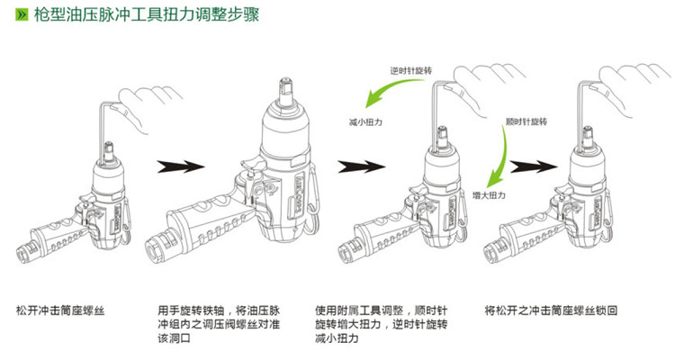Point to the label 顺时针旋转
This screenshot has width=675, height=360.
pos(527,121)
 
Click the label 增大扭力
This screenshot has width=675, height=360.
pos(490,193)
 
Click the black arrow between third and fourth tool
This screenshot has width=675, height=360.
pos(529,167)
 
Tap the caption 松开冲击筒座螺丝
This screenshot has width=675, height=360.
pos(61,310)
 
